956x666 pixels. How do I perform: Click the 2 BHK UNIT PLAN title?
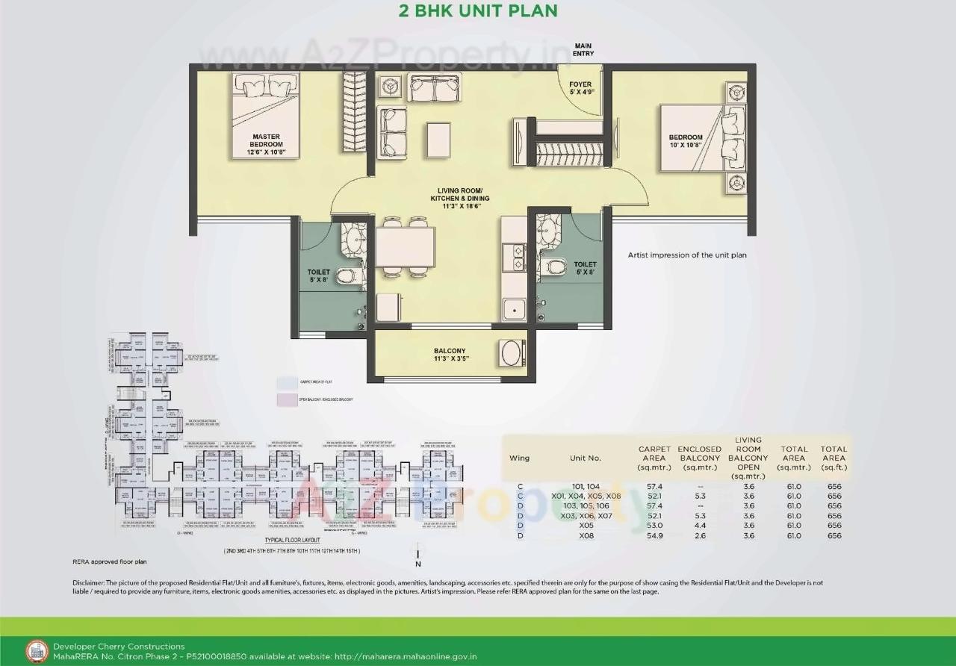pos(478,10)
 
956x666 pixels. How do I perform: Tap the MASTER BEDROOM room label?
pos(266,141)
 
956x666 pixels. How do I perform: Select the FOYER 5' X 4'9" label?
pos(580,89)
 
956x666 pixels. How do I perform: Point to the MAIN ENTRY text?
pos(583,50)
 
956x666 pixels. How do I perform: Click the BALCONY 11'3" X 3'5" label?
pos(450,355)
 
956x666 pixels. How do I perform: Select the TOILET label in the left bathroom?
pos(318,276)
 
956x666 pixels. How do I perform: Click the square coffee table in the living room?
pos(438,139)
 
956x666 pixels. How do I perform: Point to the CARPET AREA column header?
pos(654,458)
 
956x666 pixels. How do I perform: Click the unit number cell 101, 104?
pos(586,486)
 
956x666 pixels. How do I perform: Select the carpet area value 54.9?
pos(654,535)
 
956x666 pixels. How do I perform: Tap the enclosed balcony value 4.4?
pos(700,526)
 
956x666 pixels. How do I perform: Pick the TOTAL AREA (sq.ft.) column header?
pos(834,458)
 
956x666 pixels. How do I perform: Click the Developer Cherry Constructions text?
pos(119,647)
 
